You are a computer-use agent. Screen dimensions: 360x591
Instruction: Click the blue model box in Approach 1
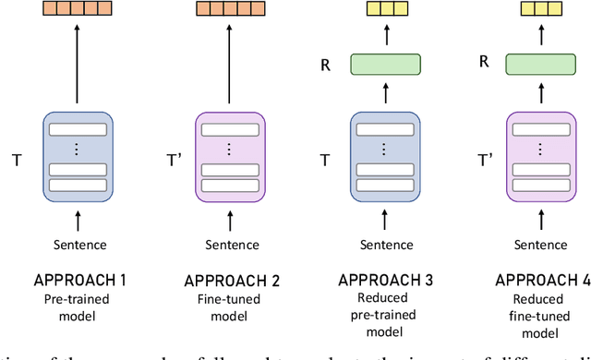point(78,152)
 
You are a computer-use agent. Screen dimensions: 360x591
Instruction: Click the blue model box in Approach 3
point(385,152)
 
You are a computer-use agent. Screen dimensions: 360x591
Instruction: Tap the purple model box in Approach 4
point(537,152)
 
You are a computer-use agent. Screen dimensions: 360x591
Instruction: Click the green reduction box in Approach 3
point(385,65)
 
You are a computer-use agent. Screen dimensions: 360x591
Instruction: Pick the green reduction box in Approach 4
point(537,65)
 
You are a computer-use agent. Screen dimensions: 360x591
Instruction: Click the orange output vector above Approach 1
point(78,8)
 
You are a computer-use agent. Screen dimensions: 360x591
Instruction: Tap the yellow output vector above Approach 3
point(385,8)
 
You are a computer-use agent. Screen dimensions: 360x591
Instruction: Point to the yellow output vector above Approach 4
point(537,8)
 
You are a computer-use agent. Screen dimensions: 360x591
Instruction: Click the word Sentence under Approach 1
point(78,245)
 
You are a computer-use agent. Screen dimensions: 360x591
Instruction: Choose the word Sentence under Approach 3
point(385,245)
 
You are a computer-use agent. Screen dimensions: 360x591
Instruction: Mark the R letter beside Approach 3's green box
point(326,65)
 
